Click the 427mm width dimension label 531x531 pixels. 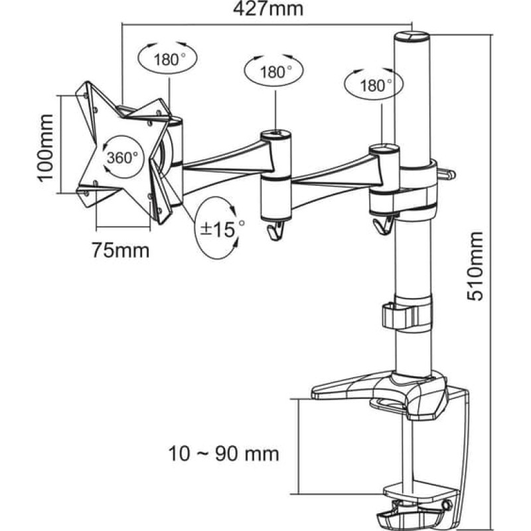click(x=267, y=9)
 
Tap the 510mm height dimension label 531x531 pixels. click(x=475, y=266)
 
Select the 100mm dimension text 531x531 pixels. click(x=45, y=148)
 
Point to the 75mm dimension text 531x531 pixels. click(x=121, y=251)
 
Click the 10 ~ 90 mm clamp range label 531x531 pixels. click(x=224, y=453)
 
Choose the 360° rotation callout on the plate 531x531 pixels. click(x=122, y=157)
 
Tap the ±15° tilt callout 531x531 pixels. click(x=220, y=228)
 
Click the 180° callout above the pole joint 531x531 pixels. click(x=374, y=85)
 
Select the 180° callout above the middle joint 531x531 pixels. click(x=274, y=71)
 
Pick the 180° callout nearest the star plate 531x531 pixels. click(x=167, y=58)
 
